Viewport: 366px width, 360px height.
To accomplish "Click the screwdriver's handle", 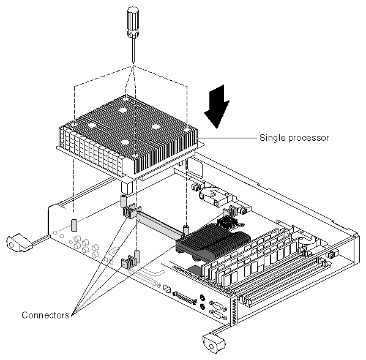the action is [133, 21].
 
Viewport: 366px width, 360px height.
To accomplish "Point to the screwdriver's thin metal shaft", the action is [133, 50].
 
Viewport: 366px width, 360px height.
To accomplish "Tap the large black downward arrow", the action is [217, 107].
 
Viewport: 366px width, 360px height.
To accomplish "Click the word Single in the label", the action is [272, 138].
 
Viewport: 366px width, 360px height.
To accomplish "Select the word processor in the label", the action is [308, 138].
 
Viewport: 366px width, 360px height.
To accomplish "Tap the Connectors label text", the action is [45, 315].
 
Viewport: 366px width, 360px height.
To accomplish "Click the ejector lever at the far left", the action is [19, 243].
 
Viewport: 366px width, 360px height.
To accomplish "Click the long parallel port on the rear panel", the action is [184, 297].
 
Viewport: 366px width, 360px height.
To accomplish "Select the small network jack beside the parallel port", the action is [167, 289].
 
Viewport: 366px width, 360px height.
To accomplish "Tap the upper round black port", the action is [203, 298].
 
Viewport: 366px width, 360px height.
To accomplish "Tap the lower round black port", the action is [203, 307].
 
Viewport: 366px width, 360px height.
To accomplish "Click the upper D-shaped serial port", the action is [218, 306].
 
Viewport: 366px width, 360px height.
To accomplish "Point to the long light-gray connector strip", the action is [160, 225].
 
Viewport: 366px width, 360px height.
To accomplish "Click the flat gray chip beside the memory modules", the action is [195, 270].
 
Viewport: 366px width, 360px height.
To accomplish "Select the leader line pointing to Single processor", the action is [227, 138].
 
